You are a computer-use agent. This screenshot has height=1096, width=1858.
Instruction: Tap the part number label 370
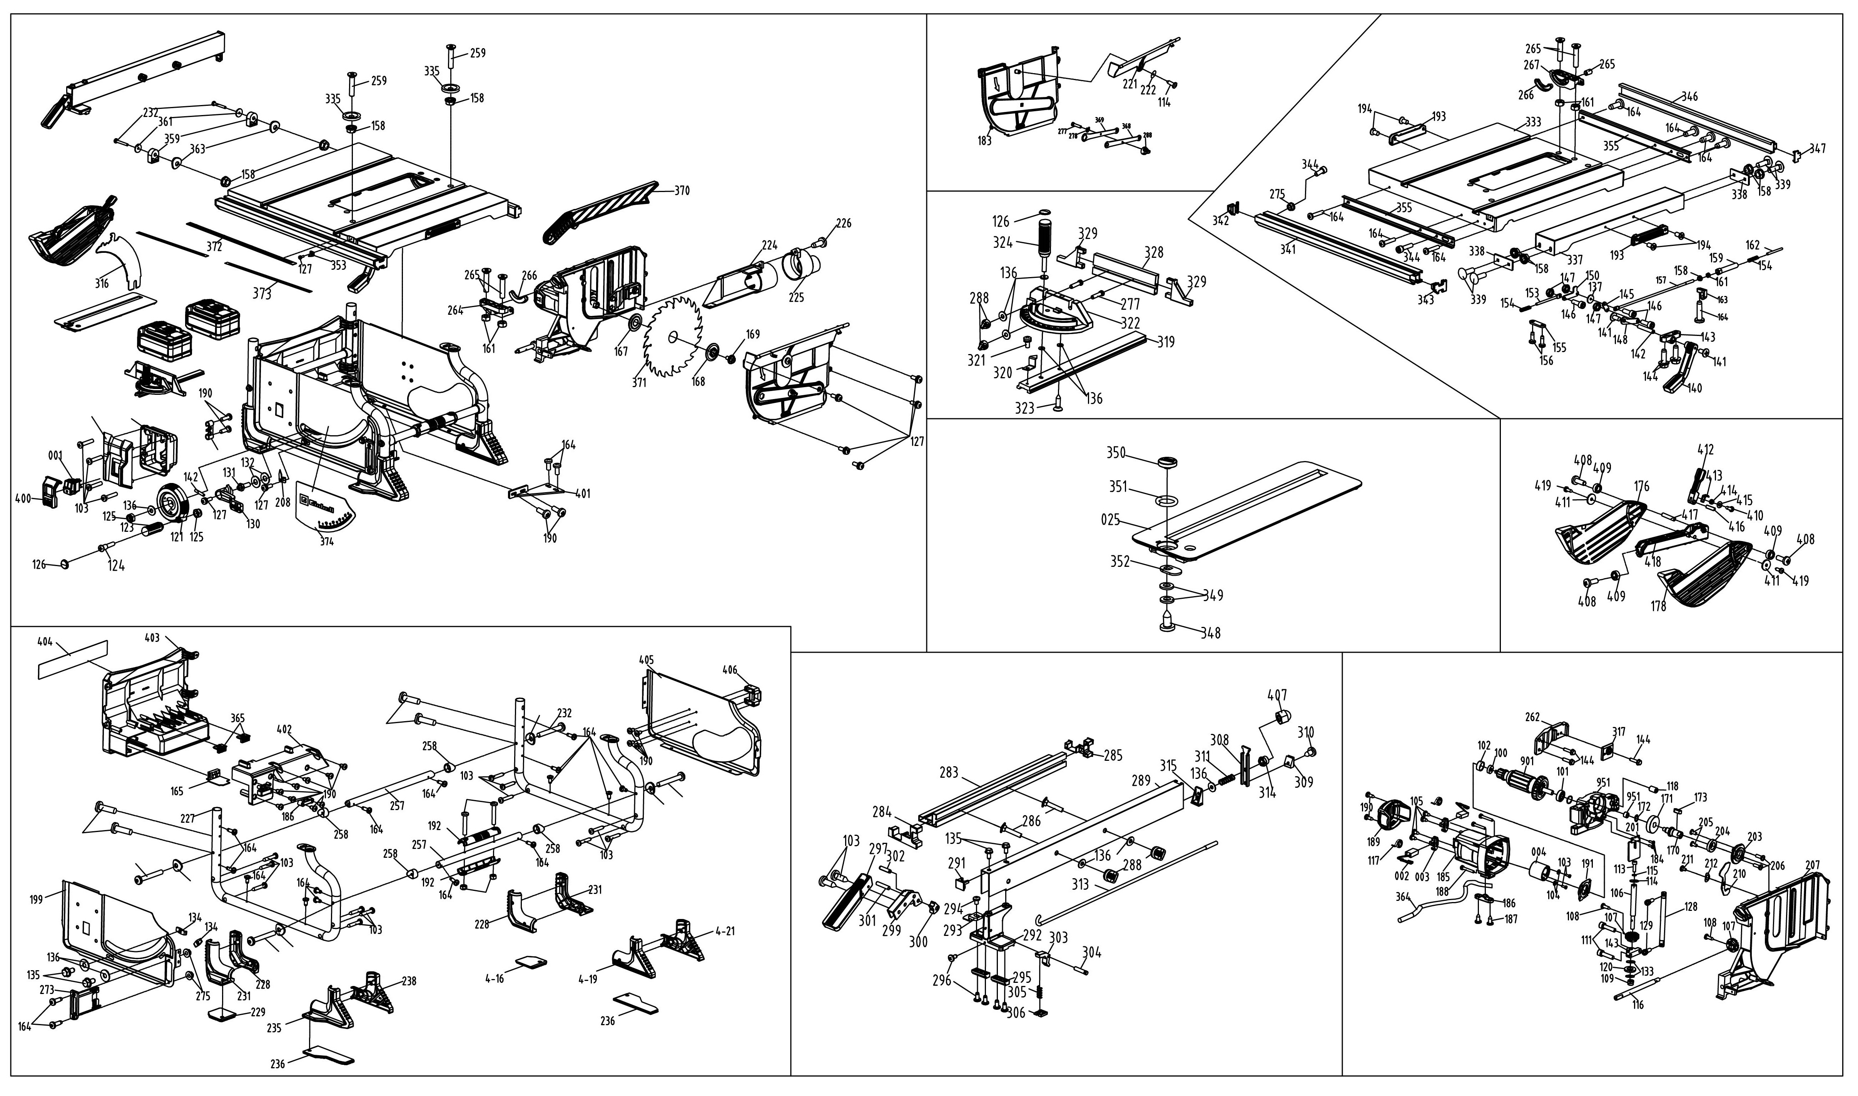[x=682, y=190]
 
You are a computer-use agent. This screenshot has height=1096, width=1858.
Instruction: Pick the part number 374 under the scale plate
[x=326, y=541]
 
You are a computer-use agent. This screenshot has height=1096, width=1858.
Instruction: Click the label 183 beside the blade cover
[x=984, y=140]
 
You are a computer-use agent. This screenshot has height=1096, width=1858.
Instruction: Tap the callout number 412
[x=1705, y=449]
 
